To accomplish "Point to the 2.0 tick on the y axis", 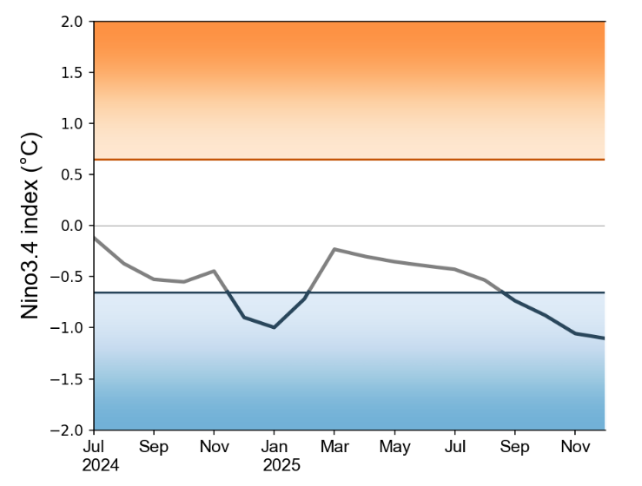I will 72,22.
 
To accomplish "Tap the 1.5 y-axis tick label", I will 72,73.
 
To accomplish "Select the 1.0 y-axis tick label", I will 72,124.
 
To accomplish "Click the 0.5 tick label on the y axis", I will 72,174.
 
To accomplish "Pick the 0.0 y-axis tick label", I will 72,226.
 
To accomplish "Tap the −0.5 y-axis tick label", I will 69,277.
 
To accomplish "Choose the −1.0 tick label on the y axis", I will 69,328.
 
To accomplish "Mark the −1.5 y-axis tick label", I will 69,379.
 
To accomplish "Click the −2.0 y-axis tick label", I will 69,430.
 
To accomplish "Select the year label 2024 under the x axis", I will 100,465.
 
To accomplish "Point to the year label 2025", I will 281,465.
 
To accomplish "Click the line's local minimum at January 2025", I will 274,327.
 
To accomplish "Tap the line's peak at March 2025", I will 334,249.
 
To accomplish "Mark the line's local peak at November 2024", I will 214,271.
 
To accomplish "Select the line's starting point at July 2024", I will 94,237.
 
